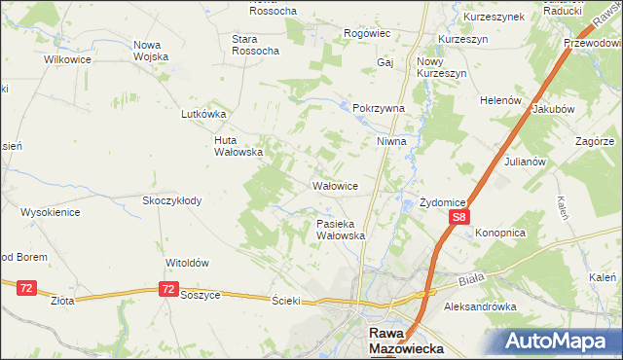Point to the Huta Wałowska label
[x=238, y=145]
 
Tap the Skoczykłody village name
[x=171, y=200]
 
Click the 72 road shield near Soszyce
[x=169, y=289]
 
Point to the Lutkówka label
[x=203, y=114]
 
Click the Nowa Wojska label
[x=152, y=51]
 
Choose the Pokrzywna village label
[x=378, y=109]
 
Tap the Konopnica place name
[x=500, y=234]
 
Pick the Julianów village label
[x=523, y=162]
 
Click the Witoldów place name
[x=188, y=263]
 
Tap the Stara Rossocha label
[x=256, y=44]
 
